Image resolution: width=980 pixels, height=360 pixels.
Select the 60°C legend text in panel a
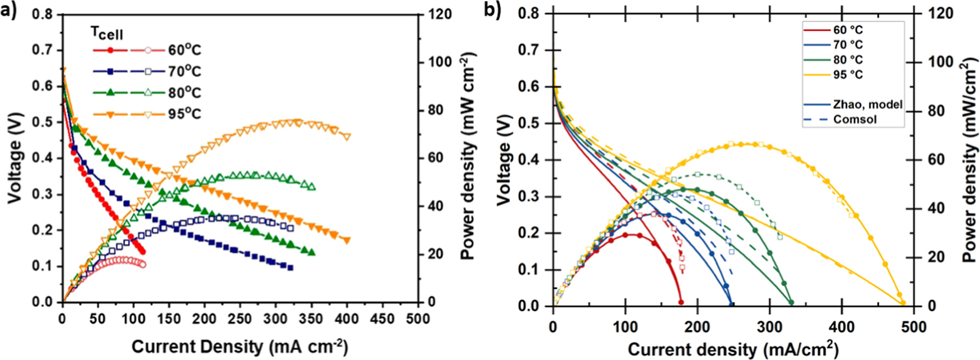click(x=184, y=50)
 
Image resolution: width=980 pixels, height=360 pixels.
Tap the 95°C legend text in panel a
click(x=184, y=114)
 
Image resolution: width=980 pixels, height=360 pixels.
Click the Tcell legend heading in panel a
click(x=106, y=33)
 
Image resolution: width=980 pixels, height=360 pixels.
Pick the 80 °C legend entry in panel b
click(x=848, y=59)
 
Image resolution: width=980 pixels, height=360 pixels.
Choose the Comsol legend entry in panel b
click(x=855, y=119)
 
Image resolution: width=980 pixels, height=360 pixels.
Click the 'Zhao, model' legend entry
click(x=868, y=104)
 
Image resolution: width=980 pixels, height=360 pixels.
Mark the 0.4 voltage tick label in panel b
click(x=529, y=160)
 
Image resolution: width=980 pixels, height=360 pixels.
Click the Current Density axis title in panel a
click(x=240, y=347)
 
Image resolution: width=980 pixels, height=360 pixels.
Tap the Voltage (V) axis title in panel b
click(x=503, y=159)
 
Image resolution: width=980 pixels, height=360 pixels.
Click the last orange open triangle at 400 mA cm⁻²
click(x=346, y=137)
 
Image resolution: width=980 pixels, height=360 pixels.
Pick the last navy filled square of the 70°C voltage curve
click(x=290, y=268)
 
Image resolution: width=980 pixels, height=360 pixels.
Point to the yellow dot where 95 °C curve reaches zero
click(x=902, y=303)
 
